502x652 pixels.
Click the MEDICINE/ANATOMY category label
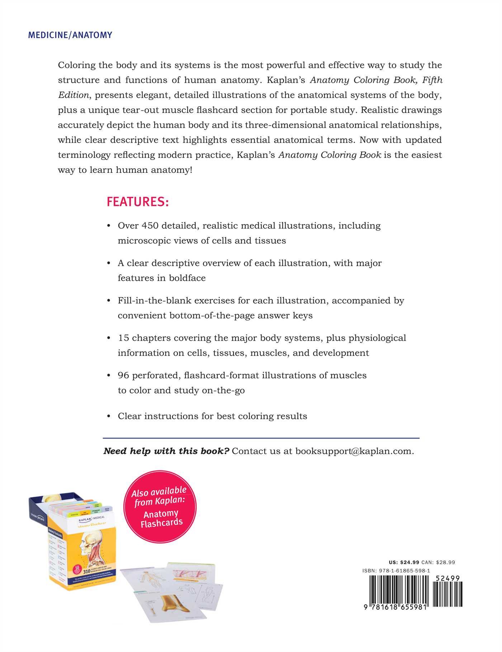point(70,35)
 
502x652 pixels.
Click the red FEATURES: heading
point(137,202)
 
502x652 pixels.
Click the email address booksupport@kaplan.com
point(354,451)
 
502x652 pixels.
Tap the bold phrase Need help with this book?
point(166,451)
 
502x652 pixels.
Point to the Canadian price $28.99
point(446,562)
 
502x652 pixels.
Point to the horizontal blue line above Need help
point(261,438)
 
